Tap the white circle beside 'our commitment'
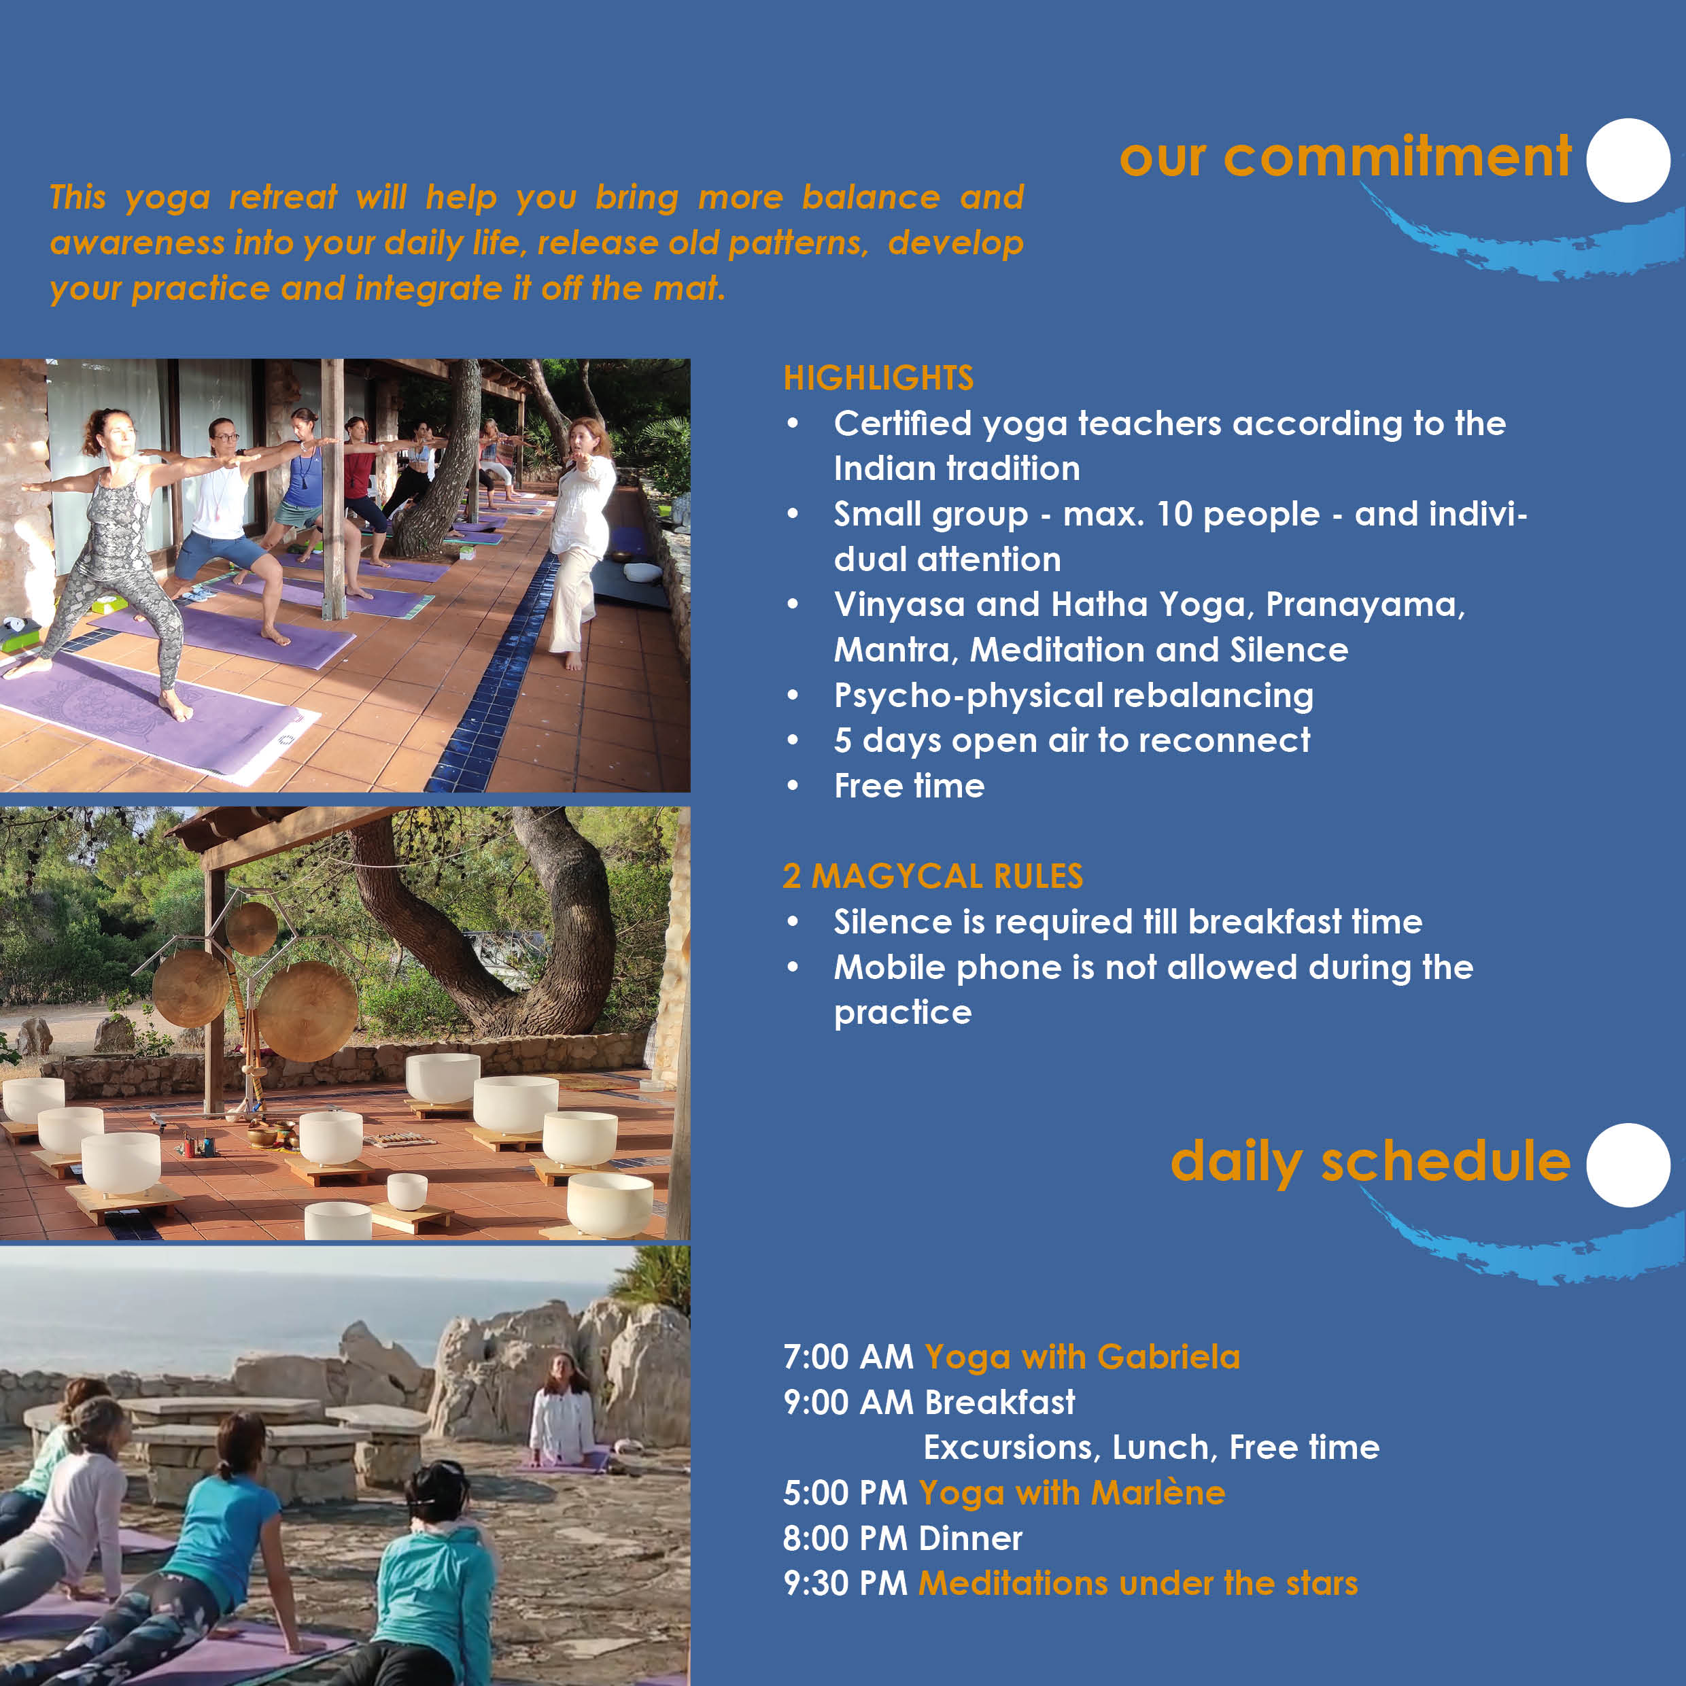click(1628, 160)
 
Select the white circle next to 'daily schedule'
click(1628, 1165)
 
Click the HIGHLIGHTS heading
click(878, 378)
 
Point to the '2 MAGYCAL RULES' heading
click(932, 876)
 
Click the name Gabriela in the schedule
click(1169, 1357)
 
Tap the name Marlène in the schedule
click(1158, 1492)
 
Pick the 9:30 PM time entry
click(845, 1583)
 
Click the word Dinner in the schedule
click(970, 1538)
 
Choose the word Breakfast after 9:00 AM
click(1000, 1403)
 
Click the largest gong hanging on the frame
click(309, 1012)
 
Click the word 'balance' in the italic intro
click(871, 197)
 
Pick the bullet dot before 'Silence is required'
click(793, 923)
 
